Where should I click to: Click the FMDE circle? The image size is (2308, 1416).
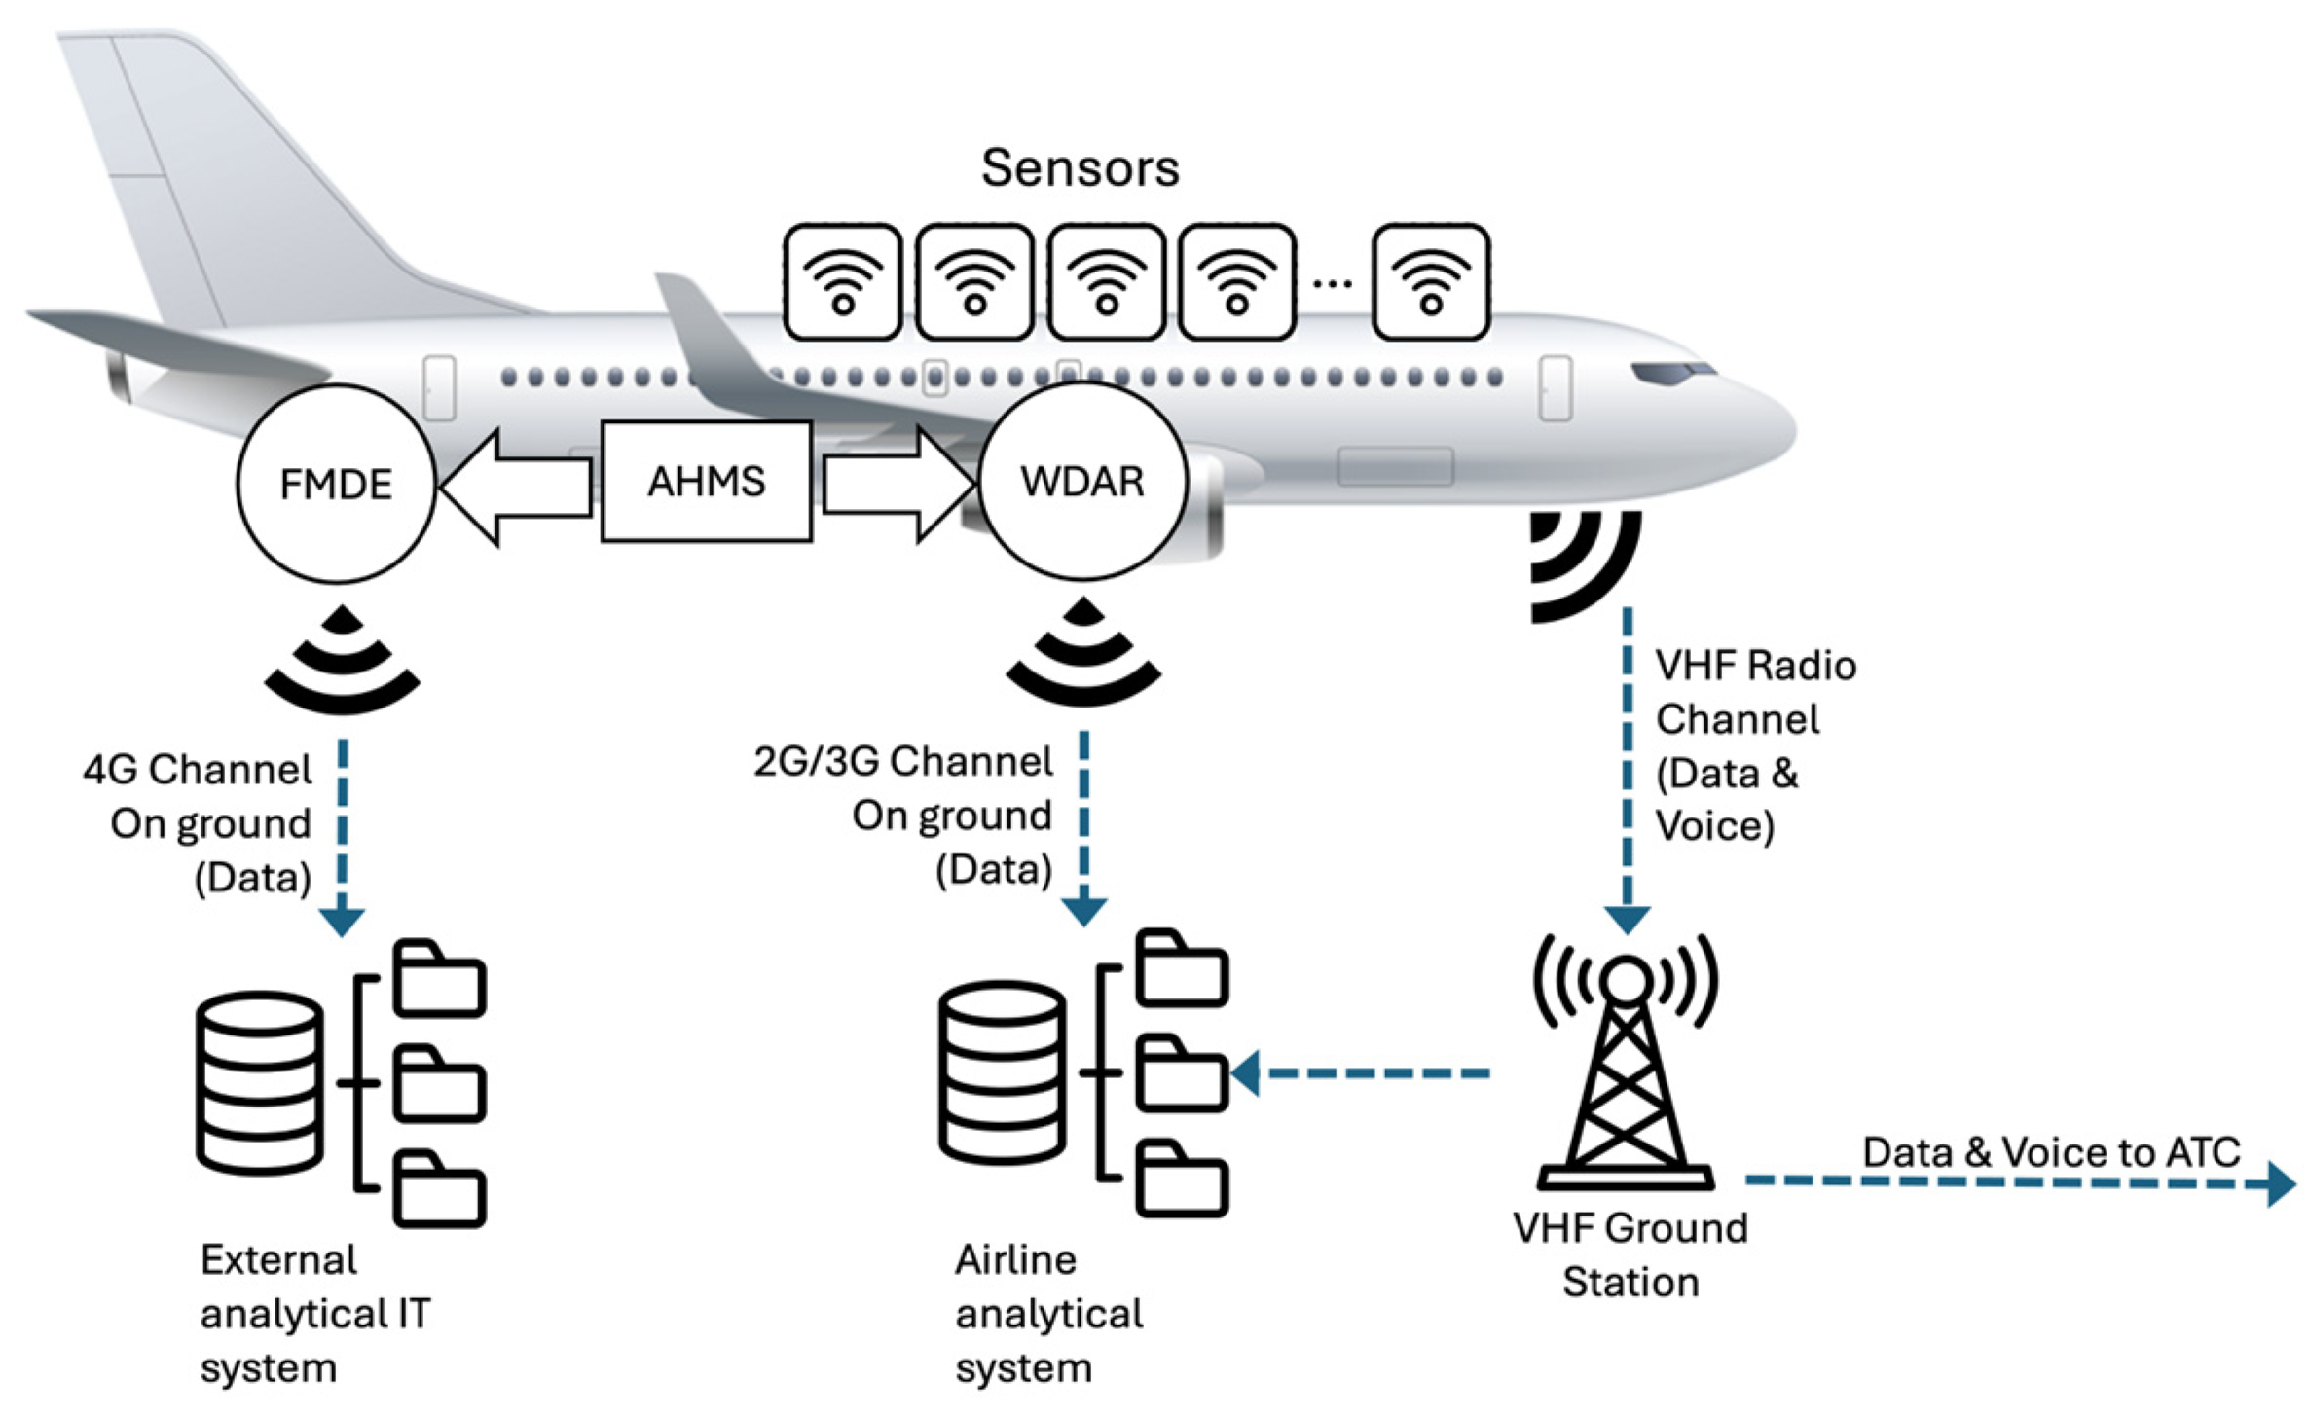click(336, 484)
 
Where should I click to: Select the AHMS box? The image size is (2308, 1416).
click(707, 482)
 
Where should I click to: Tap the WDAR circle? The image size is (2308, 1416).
click(1082, 482)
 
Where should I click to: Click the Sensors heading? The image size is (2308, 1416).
click(1080, 167)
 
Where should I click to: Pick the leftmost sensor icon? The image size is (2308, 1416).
click(843, 282)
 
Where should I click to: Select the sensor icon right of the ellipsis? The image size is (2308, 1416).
click(1430, 282)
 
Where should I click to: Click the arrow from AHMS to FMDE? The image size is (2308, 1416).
click(516, 485)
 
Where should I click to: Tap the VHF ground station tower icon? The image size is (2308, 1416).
click(1625, 1071)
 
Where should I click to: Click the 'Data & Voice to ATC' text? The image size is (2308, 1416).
click(2051, 1152)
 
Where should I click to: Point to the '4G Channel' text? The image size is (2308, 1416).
click(198, 770)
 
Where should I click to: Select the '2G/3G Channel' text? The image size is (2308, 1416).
click(903, 761)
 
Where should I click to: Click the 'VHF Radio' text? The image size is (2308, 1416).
click(1755, 666)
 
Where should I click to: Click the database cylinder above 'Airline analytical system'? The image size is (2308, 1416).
click(1002, 1072)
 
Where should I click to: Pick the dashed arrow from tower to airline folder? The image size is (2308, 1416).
click(1363, 1073)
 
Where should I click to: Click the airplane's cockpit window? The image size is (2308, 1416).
click(1672, 372)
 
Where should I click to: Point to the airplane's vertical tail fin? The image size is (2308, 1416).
click(195, 175)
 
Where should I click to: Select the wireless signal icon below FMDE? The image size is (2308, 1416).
click(342, 662)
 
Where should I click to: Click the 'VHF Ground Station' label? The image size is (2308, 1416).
click(1630, 1254)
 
